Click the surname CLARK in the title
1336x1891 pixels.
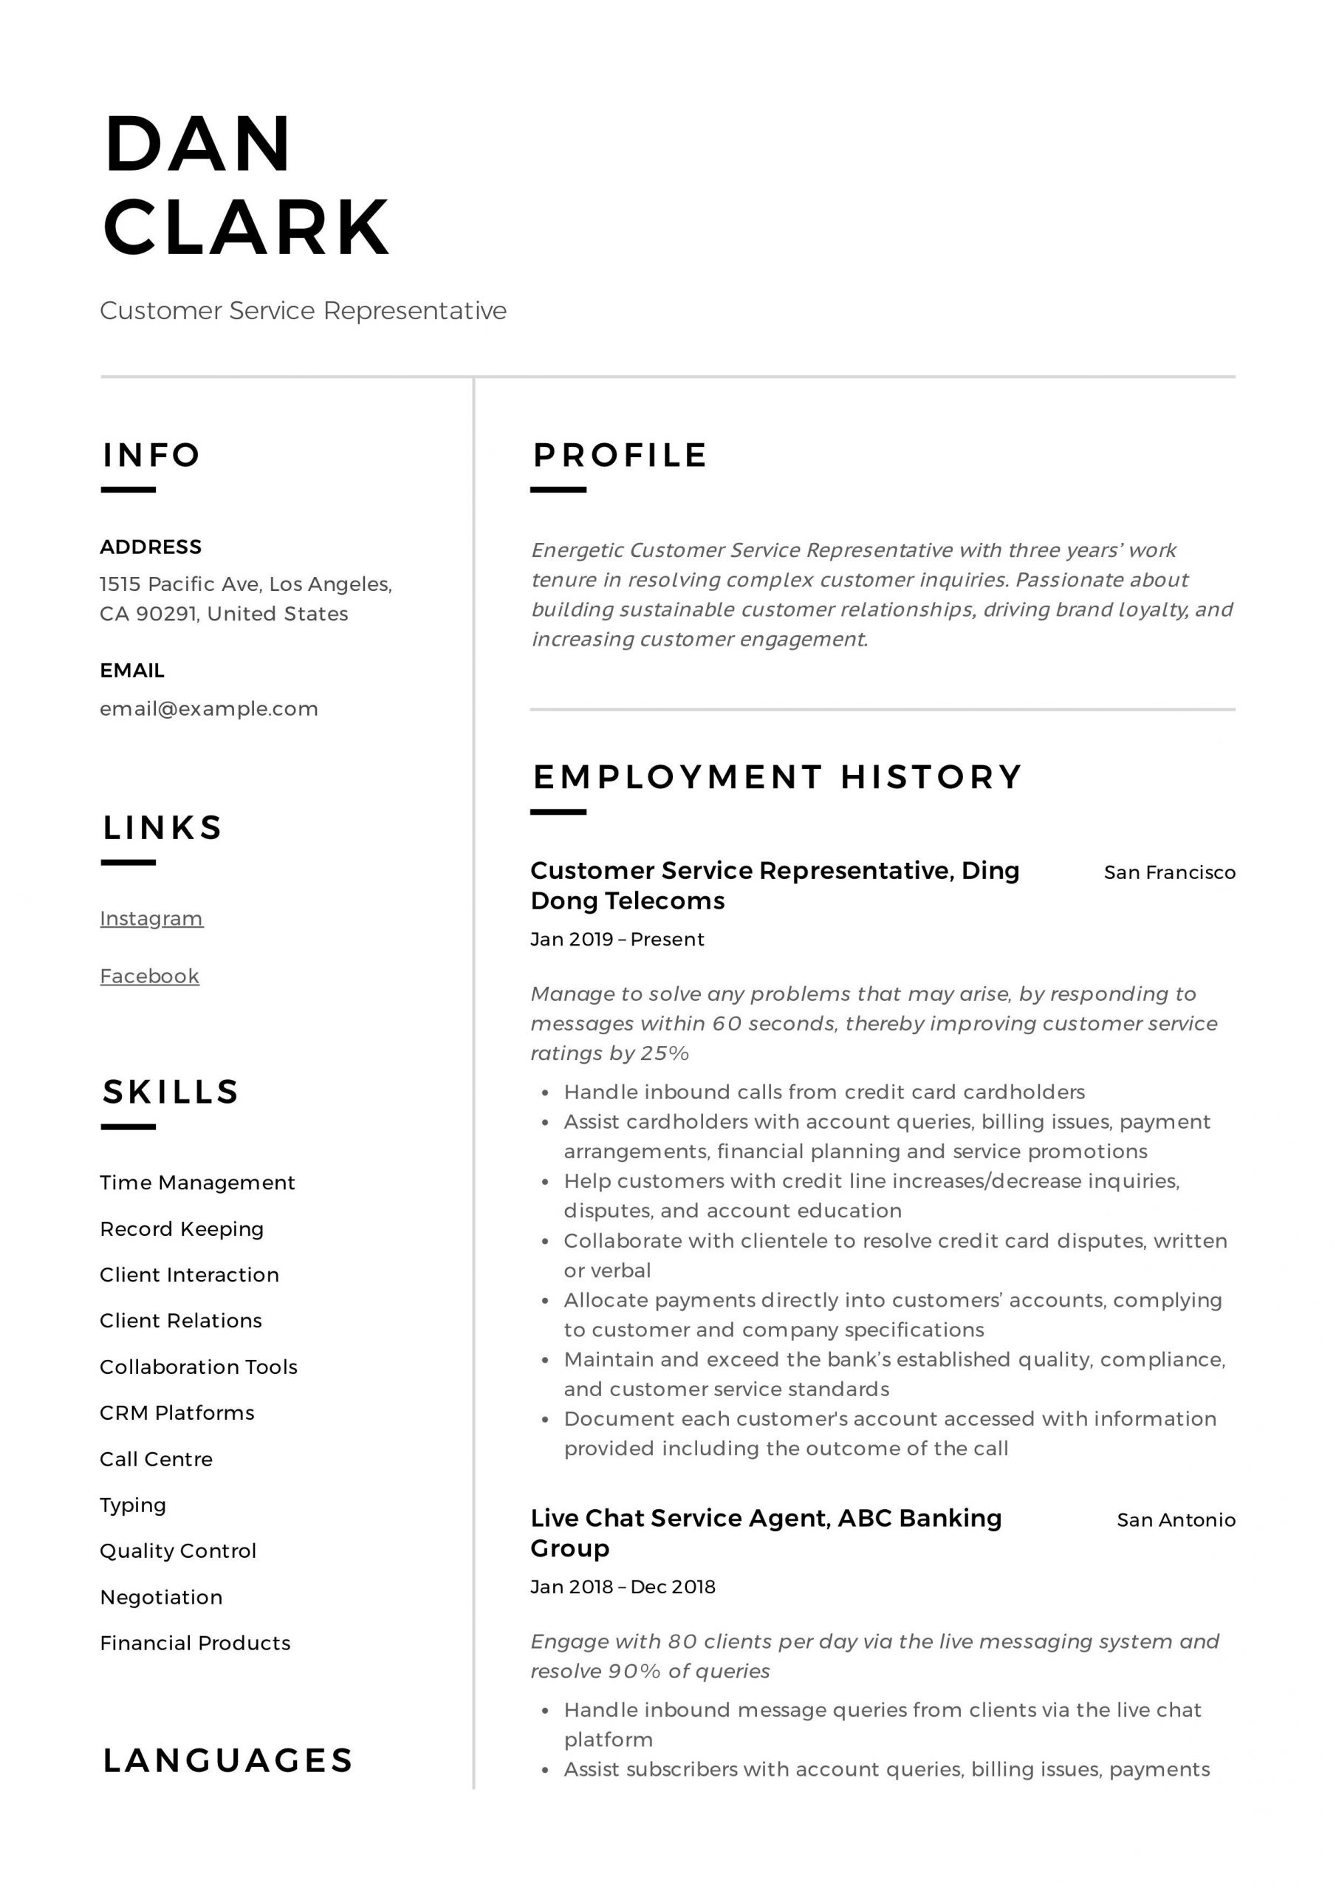245,228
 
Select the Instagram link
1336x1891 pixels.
151,918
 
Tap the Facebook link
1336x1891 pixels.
149,976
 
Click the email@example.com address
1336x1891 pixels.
208,709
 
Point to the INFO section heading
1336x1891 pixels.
151,456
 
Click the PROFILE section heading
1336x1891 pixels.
620,456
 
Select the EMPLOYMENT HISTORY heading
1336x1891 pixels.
777,778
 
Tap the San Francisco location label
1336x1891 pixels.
1169,873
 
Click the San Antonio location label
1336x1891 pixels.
1176,1520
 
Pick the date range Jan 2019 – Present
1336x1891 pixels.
617,940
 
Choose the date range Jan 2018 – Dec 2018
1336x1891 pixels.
623,1587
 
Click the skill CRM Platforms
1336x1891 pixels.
177,1413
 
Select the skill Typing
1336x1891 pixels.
133,1505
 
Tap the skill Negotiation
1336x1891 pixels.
160,1598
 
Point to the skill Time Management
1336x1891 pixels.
197,1183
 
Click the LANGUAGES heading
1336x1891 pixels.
227,1761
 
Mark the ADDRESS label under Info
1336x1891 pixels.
151,547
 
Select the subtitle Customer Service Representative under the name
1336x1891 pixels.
303,311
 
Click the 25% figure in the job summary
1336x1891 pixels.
665,1053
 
